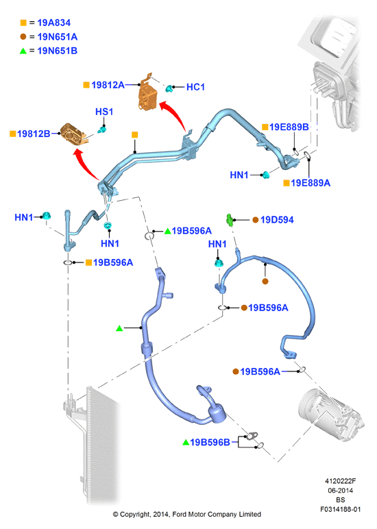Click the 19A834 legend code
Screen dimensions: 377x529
tap(54, 23)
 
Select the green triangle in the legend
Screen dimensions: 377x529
tap(23, 51)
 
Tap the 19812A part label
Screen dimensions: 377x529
tap(108, 85)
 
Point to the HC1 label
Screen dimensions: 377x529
tap(196, 87)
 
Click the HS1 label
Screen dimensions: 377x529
tap(104, 112)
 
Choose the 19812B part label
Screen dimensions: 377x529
tap(34, 134)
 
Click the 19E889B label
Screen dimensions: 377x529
tap(289, 127)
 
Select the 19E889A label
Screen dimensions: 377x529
tap(311, 183)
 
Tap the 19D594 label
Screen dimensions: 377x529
tap(277, 220)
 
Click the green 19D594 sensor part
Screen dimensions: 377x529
tap(230, 220)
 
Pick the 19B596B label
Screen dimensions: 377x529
tap(210, 442)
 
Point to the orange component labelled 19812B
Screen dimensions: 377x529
tap(73, 134)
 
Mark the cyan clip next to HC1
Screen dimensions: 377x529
tap(169, 88)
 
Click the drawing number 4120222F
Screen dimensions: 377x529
tap(340, 481)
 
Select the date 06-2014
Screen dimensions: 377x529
tap(340, 491)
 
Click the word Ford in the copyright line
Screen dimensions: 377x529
tap(180, 515)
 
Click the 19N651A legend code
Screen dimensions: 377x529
tap(58, 37)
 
